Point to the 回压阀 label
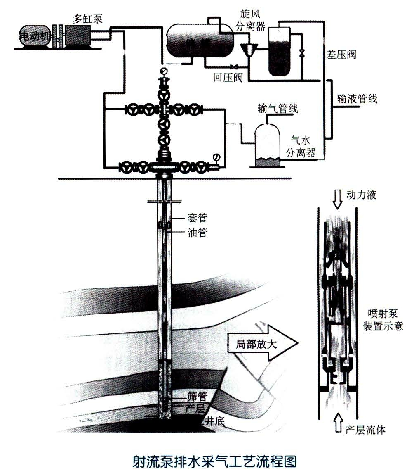[227, 77]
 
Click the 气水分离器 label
[302, 147]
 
